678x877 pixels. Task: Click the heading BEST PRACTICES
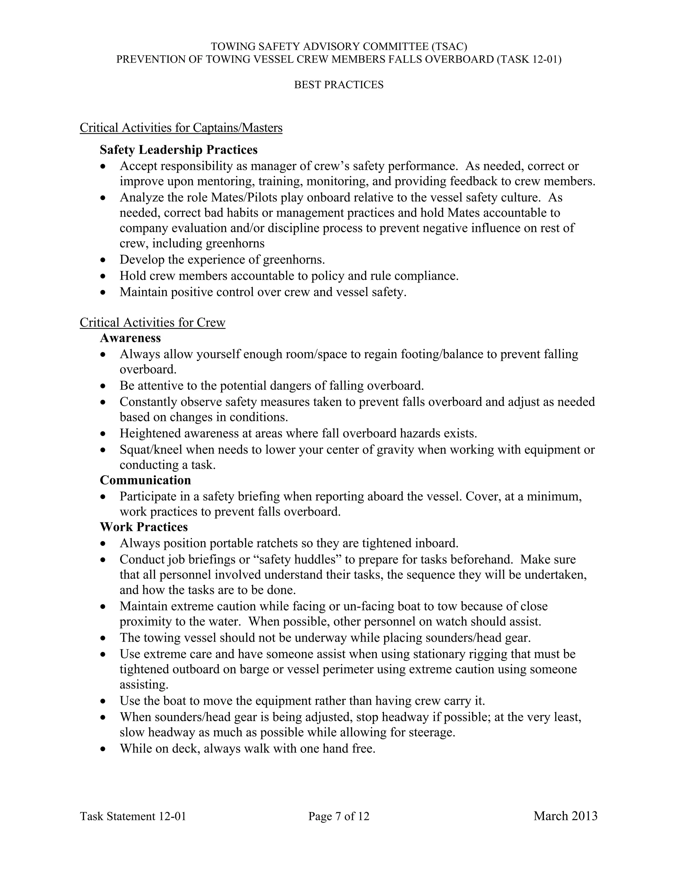click(x=339, y=85)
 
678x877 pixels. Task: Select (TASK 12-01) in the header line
click(x=529, y=60)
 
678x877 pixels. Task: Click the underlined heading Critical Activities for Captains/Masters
click(x=181, y=128)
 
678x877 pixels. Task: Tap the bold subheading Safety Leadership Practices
click(x=178, y=150)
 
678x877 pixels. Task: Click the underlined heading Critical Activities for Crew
click(x=152, y=322)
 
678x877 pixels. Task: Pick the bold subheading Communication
click(x=145, y=480)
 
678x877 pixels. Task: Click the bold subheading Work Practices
click(x=143, y=527)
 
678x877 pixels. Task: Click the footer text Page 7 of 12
click(x=339, y=816)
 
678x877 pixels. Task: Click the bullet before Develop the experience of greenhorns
click(x=104, y=260)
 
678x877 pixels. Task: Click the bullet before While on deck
click(x=104, y=749)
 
